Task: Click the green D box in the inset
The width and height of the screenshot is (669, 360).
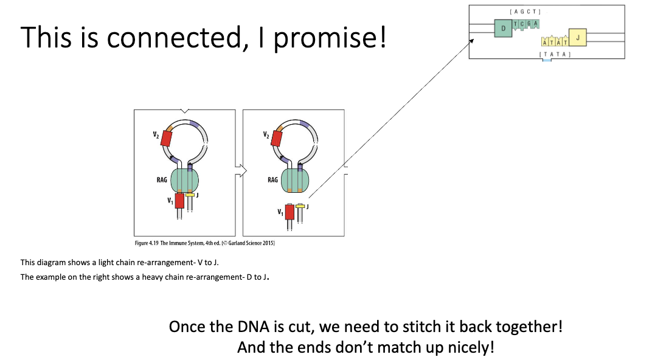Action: click(502, 29)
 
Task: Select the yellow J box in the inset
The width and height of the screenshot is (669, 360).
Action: click(577, 38)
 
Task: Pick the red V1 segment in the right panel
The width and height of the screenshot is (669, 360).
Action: click(289, 212)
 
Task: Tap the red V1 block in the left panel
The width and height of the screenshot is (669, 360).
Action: click(179, 201)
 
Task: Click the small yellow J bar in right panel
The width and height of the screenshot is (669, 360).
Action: click(300, 206)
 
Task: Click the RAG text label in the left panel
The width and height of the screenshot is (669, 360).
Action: click(162, 180)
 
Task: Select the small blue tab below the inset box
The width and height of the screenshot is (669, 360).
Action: click(547, 60)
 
